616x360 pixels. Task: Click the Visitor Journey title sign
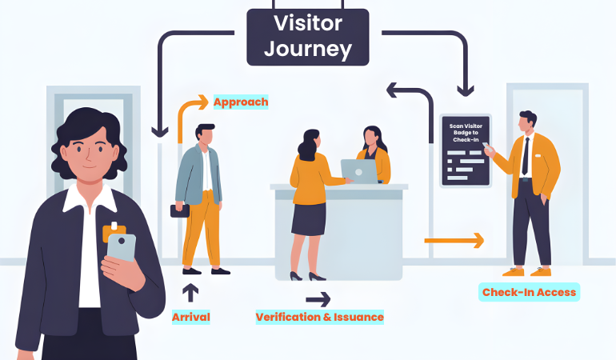308,37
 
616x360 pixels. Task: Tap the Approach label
241,102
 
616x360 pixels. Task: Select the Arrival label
191,317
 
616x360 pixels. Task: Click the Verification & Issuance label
319,317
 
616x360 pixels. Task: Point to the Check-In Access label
528,292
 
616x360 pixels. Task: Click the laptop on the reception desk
358,171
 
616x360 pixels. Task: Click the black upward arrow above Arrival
190,289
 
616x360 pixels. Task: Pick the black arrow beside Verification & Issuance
318,299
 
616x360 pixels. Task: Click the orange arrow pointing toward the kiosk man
454,239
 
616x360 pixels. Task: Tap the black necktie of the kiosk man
525,156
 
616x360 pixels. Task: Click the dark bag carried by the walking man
180,210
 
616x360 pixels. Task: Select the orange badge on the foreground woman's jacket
114,232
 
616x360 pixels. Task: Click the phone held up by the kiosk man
486,146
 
